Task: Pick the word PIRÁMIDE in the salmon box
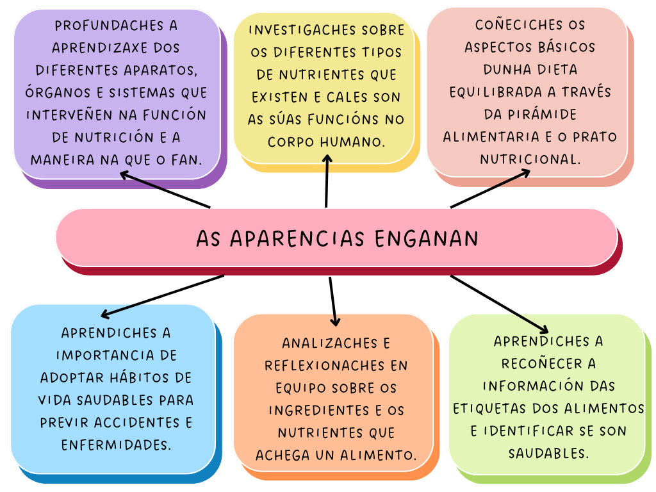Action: (530, 114)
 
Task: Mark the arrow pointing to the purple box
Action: (165, 190)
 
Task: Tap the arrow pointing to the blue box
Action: (163, 296)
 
